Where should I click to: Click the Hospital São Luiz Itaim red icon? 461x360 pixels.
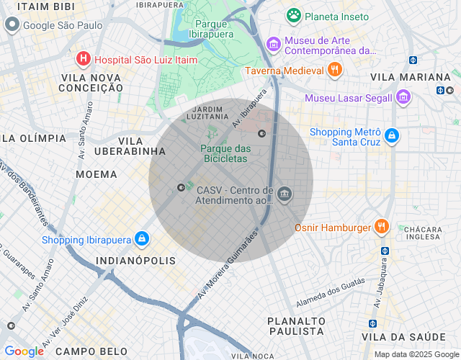(x=84, y=59)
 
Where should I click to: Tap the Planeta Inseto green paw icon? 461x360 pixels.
(x=293, y=15)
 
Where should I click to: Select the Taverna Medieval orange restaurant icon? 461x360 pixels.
(x=334, y=70)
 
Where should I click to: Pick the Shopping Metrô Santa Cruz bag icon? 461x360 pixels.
(x=391, y=135)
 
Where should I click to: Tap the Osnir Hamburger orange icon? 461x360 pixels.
(x=382, y=228)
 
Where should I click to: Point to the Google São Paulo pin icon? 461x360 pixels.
(x=12, y=25)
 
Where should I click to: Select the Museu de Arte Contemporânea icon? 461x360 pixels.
(x=273, y=45)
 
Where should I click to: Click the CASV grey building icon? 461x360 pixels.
(x=285, y=194)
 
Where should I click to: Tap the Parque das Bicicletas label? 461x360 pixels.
(x=223, y=153)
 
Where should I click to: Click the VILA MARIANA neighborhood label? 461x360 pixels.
(x=410, y=77)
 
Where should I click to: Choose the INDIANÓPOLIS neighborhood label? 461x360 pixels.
(x=135, y=260)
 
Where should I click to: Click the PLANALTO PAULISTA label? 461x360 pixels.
(x=296, y=325)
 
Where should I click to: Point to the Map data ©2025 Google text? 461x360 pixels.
(x=416, y=354)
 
